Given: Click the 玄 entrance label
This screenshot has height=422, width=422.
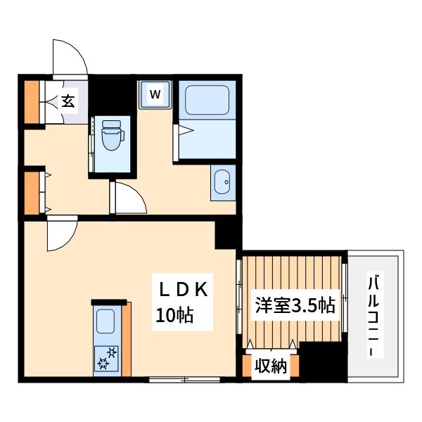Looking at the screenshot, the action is tap(68, 101).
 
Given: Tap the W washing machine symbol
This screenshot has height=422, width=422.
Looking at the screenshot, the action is tap(155, 95).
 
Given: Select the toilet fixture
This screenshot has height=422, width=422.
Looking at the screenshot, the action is tap(112, 135).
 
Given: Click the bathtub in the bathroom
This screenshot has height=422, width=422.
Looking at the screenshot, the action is tap(207, 100).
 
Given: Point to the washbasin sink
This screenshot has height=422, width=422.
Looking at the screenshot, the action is tap(222, 181).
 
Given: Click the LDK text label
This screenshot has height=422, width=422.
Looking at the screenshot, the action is tap(184, 290).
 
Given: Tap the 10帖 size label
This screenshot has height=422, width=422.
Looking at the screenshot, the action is tap(174, 315).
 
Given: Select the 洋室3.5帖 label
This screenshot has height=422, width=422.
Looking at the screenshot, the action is tap(295, 305).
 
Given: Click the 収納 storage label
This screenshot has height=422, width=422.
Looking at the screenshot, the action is tap(271, 366).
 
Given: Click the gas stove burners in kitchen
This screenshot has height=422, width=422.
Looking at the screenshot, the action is tap(107, 359).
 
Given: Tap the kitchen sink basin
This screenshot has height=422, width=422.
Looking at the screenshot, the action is tap(105, 321).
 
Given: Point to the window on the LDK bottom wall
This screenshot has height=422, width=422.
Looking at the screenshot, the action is tap(184, 380).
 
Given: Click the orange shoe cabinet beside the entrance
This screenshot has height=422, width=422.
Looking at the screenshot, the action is tap(32, 102).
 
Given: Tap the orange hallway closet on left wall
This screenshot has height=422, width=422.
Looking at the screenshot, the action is tap(32, 193).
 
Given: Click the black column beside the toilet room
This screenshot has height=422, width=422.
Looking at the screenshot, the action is tap(113, 95).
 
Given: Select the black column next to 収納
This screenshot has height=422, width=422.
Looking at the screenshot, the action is tap(323, 362).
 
